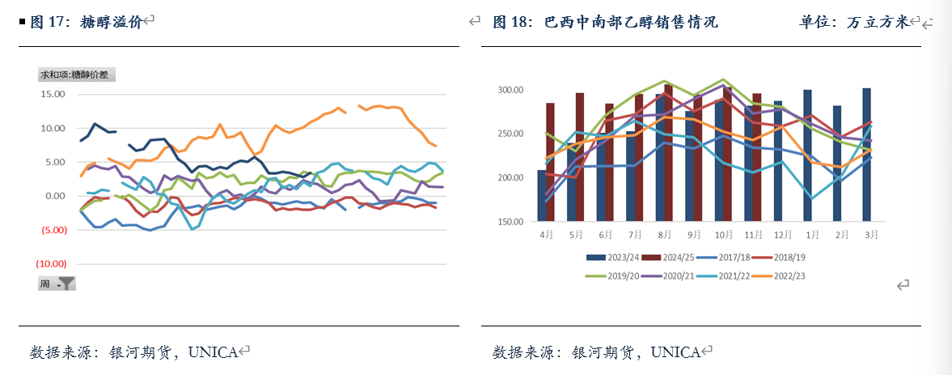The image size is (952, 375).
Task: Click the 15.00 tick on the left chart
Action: pos(53,94)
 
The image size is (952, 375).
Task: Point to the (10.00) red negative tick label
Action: pos(50,264)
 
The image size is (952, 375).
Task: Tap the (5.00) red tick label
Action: pos(53,230)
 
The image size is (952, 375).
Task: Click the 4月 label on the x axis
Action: pos(547,234)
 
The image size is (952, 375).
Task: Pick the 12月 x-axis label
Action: pos(777,234)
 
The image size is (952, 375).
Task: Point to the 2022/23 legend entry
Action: pos(791,276)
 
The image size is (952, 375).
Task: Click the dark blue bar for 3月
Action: pos(866,154)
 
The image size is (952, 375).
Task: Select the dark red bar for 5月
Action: pos(580,157)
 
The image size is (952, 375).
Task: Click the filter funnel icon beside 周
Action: pos(67,283)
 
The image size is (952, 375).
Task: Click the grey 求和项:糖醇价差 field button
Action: pos(78,75)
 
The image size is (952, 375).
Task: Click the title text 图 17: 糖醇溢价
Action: pos(86,23)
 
